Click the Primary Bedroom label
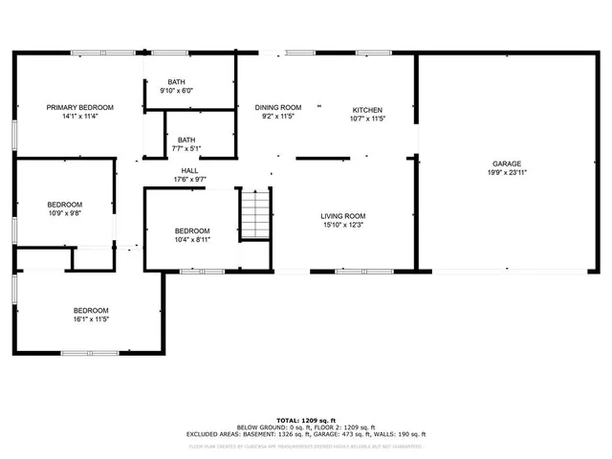click(80, 107)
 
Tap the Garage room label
click(507, 164)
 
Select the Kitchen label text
click(367, 110)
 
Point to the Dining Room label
click(278, 107)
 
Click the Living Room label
click(342, 216)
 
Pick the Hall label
click(189, 170)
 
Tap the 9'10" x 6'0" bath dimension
click(176, 91)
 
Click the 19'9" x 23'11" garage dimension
click(507, 173)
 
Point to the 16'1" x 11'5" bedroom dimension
click(92, 318)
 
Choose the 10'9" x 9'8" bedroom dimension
click(65, 213)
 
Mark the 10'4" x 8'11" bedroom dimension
click(191, 240)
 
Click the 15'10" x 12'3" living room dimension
click(342, 226)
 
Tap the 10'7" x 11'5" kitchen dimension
click(367, 120)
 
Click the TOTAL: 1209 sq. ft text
click(306, 421)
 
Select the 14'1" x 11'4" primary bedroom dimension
click(80, 117)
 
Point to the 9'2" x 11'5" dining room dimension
click(278, 117)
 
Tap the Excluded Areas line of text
click(306, 434)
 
